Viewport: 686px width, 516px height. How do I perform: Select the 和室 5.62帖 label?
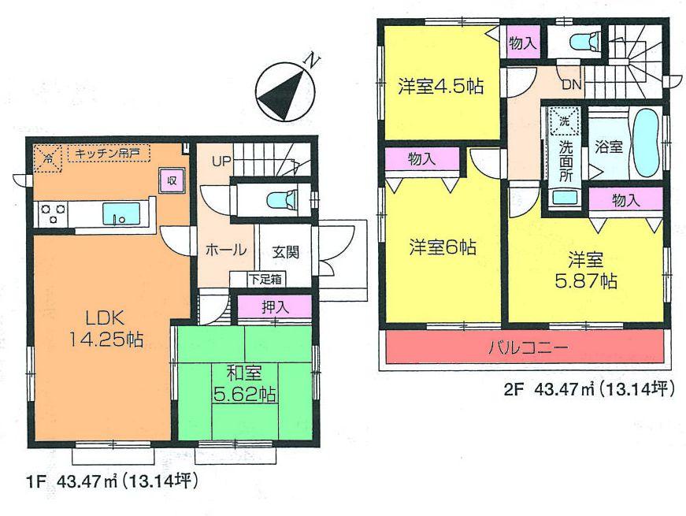(x=245, y=381)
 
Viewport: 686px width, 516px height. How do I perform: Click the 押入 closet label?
(x=275, y=307)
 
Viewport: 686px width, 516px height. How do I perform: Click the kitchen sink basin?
(x=121, y=213)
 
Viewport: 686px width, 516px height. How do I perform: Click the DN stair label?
(x=572, y=84)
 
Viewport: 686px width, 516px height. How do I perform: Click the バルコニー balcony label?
(x=525, y=347)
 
